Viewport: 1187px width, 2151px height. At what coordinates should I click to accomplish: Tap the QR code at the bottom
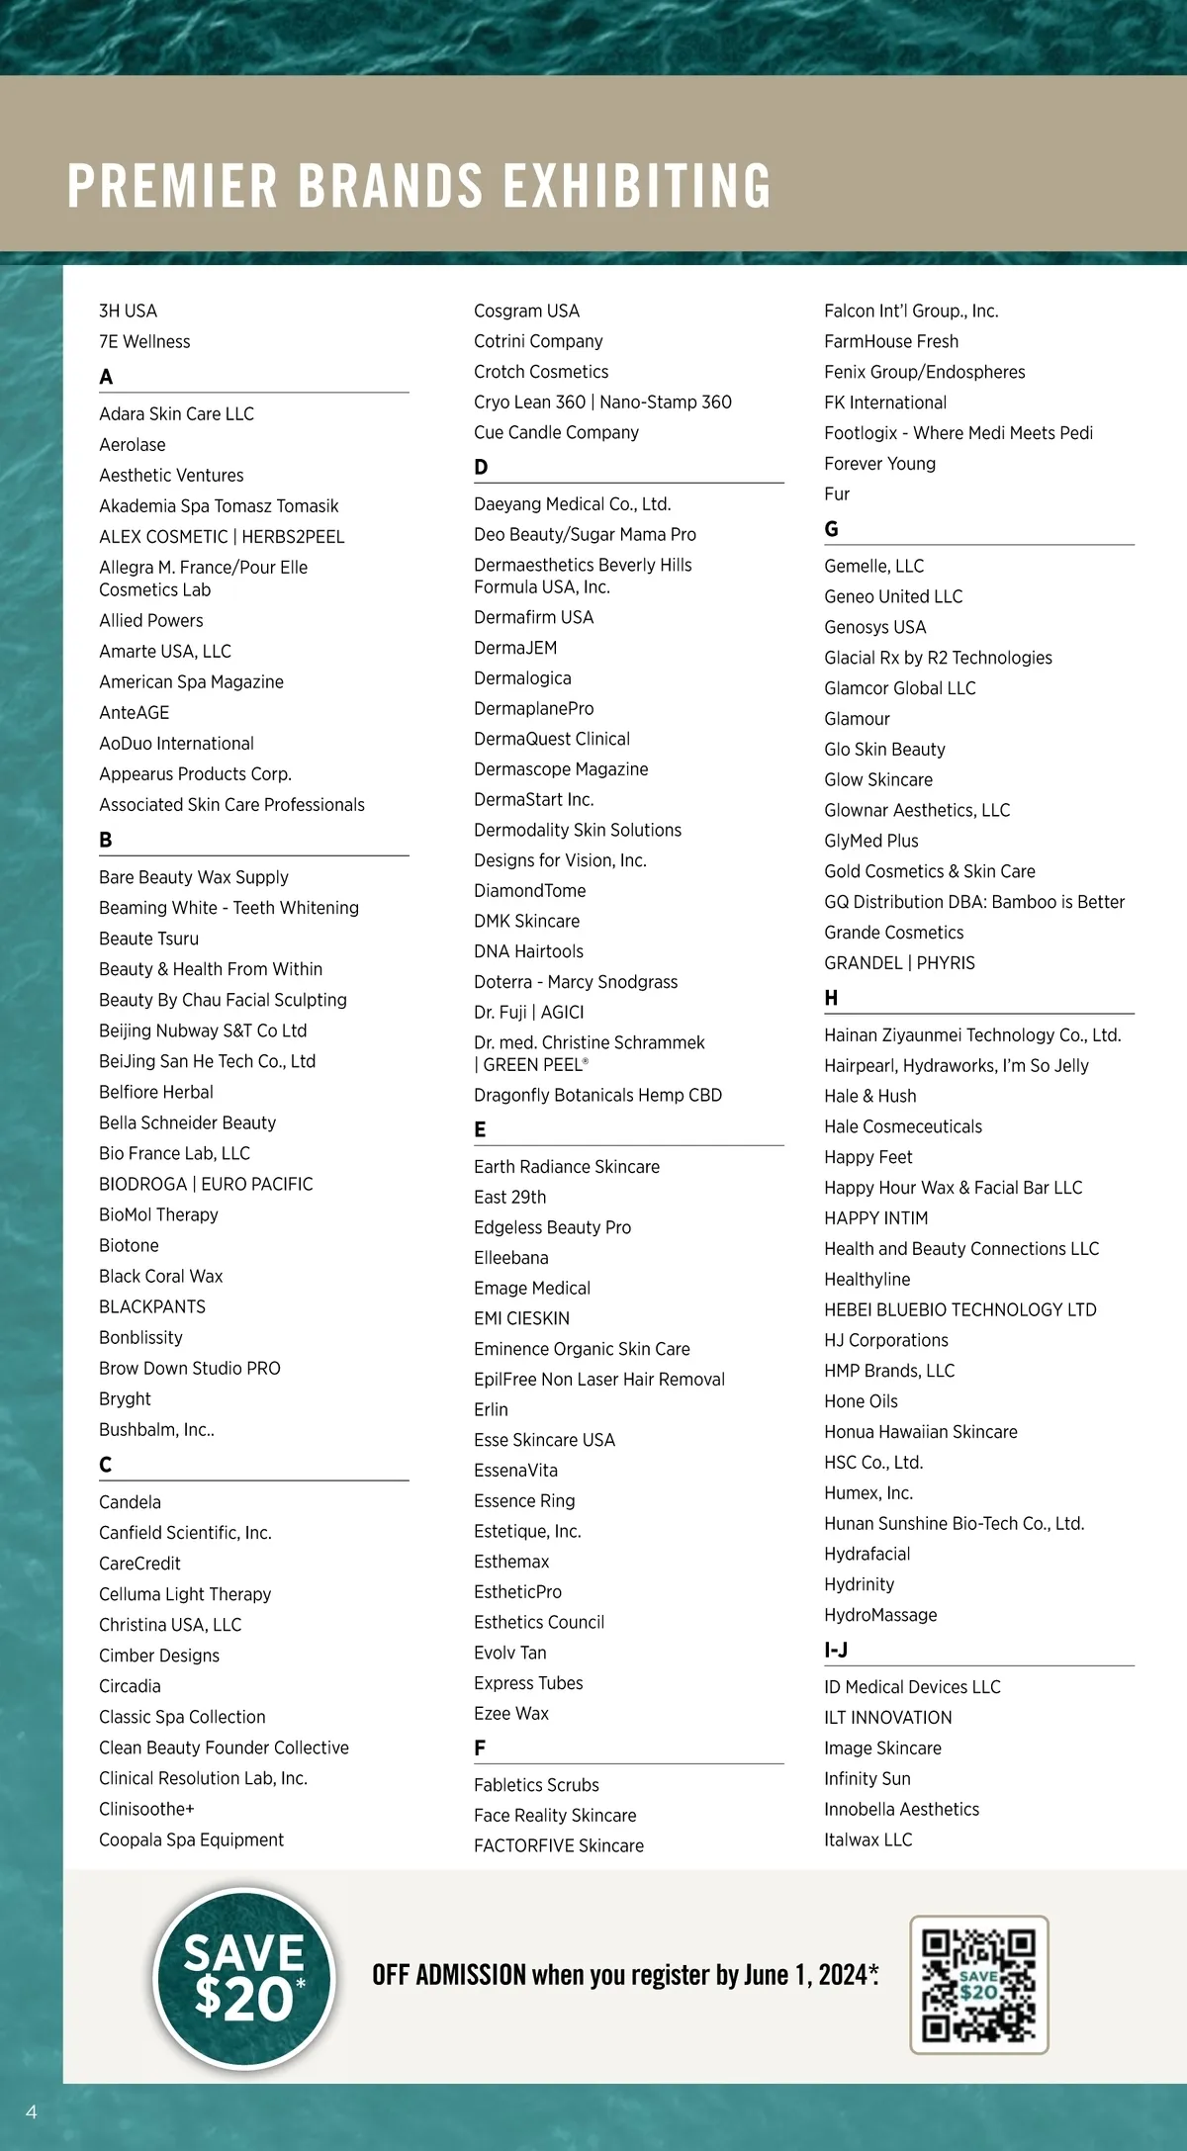click(x=978, y=1984)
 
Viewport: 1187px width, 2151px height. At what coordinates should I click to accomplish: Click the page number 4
click(x=32, y=2111)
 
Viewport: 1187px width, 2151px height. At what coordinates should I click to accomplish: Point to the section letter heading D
click(x=481, y=467)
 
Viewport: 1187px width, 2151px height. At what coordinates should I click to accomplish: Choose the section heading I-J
click(x=836, y=1650)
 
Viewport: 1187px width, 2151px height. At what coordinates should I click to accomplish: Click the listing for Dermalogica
click(x=522, y=678)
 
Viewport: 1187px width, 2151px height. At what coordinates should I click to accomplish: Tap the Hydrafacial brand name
click(x=867, y=1554)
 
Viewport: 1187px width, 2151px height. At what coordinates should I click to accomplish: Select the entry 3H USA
click(x=128, y=311)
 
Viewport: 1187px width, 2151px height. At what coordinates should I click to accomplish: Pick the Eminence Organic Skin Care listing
click(x=582, y=1349)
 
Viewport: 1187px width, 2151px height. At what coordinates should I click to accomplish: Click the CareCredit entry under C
click(x=139, y=1564)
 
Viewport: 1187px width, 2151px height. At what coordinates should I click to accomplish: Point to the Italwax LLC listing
click(x=867, y=1839)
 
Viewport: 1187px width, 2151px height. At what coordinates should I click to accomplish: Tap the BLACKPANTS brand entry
click(x=152, y=1306)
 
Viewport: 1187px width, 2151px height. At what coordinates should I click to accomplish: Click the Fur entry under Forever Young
click(x=837, y=493)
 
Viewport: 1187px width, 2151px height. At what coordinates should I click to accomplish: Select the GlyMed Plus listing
click(x=870, y=841)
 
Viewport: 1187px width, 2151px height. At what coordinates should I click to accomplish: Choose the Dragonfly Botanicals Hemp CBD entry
click(x=597, y=1095)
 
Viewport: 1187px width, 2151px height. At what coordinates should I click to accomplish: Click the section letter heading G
click(x=831, y=529)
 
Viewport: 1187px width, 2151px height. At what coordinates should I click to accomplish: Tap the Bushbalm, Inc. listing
click(x=156, y=1429)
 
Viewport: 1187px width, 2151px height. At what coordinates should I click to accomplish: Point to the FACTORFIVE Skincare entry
click(x=558, y=1845)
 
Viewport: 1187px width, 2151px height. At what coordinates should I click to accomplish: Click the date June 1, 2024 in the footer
click(x=803, y=1975)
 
